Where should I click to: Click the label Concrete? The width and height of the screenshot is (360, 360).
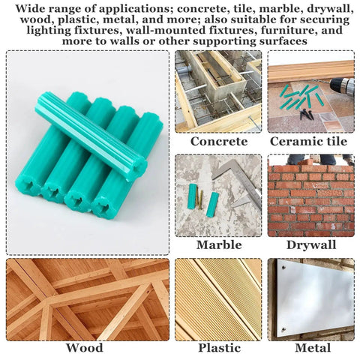tap(219, 141)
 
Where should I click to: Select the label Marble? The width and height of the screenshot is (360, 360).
tap(219, 244)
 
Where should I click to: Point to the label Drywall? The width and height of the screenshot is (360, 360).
tap(310, 244)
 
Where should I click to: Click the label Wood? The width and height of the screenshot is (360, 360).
tap(85, 347)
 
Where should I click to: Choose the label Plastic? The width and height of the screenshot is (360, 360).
tap(219, 347)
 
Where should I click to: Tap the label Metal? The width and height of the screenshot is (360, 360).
tap(310, 347)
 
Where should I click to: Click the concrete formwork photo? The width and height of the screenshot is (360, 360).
tap(218, 90)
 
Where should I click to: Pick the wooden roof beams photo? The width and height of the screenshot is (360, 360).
tap(88, 299)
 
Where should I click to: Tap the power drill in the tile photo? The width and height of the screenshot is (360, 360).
tap(342, 86)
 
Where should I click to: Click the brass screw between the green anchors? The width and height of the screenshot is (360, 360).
tap(199, 199)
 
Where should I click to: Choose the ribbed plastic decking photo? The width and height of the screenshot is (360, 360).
tap(218, 299)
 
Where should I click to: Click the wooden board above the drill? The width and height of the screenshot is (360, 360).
tap(310, 70)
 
